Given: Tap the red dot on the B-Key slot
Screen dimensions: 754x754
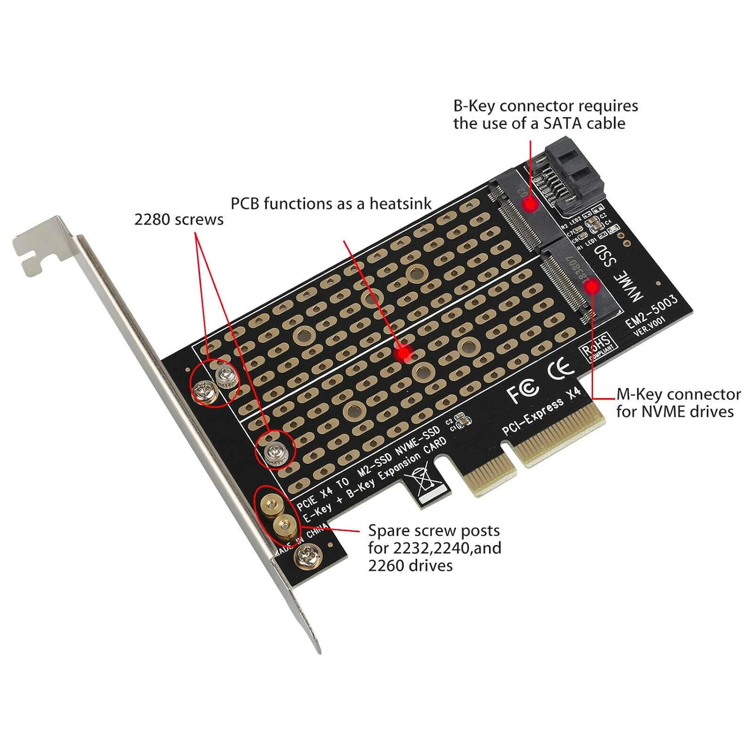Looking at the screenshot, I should coord(529,205).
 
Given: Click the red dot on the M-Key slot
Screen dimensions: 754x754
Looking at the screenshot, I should coord(593,287).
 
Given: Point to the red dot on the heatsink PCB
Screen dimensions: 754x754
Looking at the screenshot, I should coord(404,353).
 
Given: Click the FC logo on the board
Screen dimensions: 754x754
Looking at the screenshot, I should coord(523,391).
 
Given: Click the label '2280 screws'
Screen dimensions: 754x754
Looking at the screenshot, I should coord(178,220).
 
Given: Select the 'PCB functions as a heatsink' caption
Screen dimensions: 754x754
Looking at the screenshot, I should coord(331,204).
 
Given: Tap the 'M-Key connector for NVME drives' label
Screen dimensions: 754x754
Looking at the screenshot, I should coord(678,403).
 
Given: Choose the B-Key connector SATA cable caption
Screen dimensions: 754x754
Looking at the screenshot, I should coord(545,115).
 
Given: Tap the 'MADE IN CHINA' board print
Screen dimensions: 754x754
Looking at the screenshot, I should coord(301,541).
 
